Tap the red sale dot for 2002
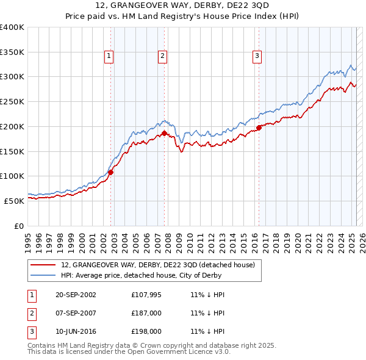coord(110,172)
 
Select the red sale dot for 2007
coord(165,133)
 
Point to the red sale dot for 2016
coord(259,128)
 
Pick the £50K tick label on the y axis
coord(14,201)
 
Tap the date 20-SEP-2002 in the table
coord(76,295)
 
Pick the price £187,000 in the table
coord(147,313)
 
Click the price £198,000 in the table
coord(147,331)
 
